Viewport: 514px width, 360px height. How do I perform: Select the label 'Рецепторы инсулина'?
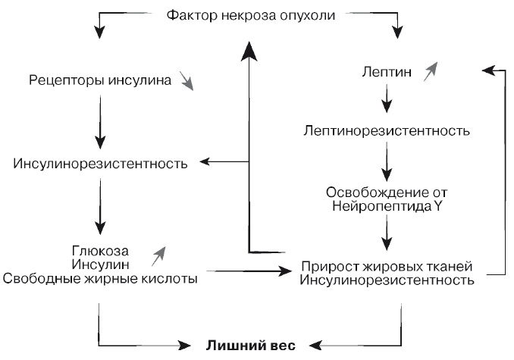click(99, 79)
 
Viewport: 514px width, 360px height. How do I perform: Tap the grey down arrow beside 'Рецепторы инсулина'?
click(186, 81)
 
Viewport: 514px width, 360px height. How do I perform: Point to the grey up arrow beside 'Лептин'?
click(431, 71)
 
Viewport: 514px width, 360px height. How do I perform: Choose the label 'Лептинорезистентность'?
click(387, 130)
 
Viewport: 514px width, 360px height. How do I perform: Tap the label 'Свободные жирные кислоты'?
click(100, 278)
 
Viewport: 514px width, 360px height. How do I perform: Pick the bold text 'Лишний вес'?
click(246, 347)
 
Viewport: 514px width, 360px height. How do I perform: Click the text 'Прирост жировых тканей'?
click(387, 267)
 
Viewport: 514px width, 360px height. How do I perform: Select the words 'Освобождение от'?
click(386, 190)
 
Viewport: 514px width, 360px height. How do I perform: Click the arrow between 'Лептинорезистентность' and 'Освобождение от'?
click(387, 160)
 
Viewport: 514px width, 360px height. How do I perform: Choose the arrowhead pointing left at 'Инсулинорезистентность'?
click(205, 161)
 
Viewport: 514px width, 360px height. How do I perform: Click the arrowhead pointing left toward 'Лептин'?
click(487, 70)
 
